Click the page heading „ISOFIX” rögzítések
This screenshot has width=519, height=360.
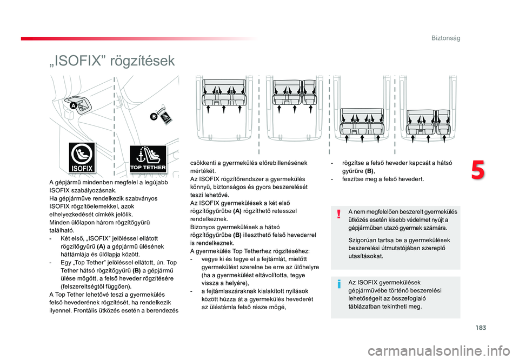[111, 61]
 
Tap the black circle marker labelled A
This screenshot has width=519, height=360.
[73, 105]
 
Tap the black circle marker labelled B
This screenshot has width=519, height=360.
[154, 116]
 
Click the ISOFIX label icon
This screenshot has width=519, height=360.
[82, 158]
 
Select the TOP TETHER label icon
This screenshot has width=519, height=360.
[148, 159]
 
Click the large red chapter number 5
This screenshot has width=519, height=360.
[478, 171]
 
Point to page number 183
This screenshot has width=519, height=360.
[481, 328]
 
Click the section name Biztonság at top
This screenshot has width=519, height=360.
[445, 38]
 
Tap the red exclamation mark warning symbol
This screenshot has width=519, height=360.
[338, 214]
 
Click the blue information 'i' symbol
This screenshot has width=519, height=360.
[338, 284]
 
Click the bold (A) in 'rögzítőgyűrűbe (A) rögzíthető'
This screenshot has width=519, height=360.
[237, 211]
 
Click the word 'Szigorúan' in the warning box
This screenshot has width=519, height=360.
[362, 240]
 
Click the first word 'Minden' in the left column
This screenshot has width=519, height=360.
[58, 222]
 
